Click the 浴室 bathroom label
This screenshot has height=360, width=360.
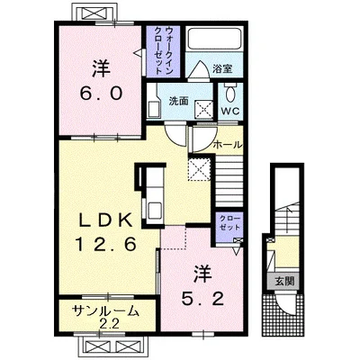pyautogui.click(x=222, y=69)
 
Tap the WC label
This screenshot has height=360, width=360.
pyautogui.click(x=230, y=111)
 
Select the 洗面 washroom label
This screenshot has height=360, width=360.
pyautogui.click(x=178, y=102)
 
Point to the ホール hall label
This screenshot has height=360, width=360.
pyautogui.click(x=227, y=145)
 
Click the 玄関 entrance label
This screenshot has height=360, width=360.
pyautogui.click(x=284, y=282)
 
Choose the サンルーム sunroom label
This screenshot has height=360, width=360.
pyautogui.click(x=106, y=311)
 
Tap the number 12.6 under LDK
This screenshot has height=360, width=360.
pyautogui.click(x=106, y=245)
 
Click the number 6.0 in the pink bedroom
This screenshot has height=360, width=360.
pyautogui.click(x=101, y=93)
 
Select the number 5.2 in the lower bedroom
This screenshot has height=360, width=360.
pyautogui.click(x=203, y=299)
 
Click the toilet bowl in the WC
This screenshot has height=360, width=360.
pyautogui.click(x=230, y=92)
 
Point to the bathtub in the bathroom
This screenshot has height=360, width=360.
pyautogui.click(x=214, y=39)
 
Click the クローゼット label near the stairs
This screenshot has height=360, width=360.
pyautogui.click(x=230, y=222)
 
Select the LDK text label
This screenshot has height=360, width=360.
pyautogui.click(x=105, y=221)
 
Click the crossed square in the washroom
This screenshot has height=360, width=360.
pyautogui.click(x=204, y=108)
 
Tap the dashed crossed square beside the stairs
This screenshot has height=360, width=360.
pyautogui.click(x=200, y=169)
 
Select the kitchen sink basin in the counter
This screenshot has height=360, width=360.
pyautogui.click(x=155, y=209)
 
